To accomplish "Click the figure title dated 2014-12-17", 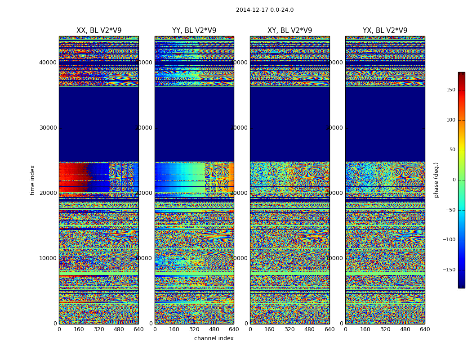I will coord(264,10).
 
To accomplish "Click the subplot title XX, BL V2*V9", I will coord(99,31).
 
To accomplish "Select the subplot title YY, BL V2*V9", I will coord(194,31).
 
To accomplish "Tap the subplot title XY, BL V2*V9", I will coord(289,31).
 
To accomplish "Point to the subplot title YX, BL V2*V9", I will coord(385,31).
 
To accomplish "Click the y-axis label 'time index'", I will coord(32,180).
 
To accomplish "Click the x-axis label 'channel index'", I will coord(214,338).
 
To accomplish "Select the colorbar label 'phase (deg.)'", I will coord(436,180).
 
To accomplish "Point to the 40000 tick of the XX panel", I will coord(48,62).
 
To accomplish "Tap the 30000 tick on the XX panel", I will coord(48,127).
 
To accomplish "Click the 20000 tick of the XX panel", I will coord(48,193).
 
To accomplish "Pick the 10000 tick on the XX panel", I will coord(48,258).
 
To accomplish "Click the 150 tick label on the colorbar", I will coord(450,90).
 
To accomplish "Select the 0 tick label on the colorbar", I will coord(454,180).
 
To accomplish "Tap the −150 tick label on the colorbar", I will coord(449,270).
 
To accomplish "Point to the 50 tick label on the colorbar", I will coord(452,150).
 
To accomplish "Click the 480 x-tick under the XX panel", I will coord(119,329).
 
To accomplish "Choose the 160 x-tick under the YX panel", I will coord(365,329).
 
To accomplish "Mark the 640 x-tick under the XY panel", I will coord(330,329).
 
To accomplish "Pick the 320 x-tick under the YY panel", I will coord(194,329).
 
